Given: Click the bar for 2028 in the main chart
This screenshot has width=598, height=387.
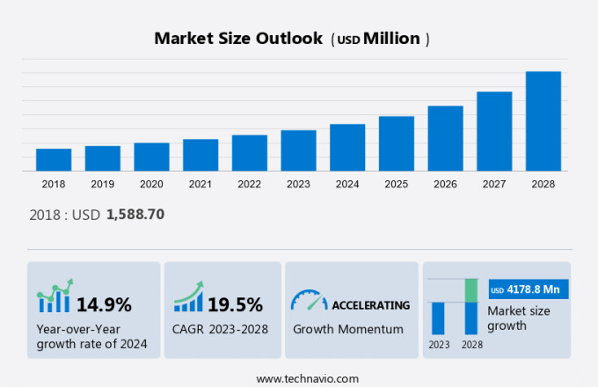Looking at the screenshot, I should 543,120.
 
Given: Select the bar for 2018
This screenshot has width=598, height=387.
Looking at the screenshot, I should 54,159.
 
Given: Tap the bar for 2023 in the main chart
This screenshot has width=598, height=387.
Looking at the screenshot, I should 298,150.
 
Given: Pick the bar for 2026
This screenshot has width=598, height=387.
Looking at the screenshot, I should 445,138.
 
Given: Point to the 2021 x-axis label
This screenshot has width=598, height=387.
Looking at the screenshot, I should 201,185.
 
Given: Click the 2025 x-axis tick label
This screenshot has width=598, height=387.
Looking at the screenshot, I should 396,185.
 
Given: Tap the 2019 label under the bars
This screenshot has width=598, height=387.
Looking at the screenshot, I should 102,185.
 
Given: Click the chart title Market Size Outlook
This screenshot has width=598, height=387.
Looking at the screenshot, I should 237,39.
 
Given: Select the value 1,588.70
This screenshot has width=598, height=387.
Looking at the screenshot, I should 135,214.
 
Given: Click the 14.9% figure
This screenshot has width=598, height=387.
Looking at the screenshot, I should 104,305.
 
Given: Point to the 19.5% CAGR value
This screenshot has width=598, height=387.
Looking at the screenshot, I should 235,305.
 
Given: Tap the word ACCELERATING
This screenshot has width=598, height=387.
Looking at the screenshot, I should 370,305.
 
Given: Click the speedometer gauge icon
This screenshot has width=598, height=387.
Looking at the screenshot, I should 309,301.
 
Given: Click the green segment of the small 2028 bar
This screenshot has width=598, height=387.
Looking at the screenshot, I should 471,290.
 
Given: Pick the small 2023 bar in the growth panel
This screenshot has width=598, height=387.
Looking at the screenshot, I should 438,318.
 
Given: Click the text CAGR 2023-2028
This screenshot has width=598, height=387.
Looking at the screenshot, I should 221,330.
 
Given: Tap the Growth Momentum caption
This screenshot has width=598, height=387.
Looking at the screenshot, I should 347,330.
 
